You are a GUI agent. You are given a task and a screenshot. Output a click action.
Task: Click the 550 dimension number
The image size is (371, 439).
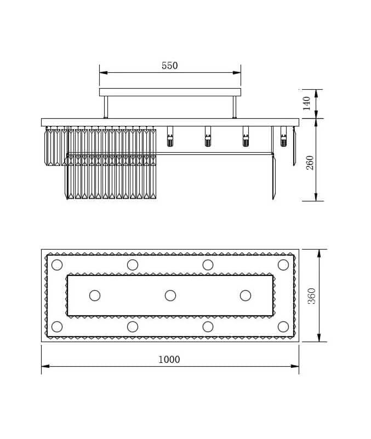(x=169, y=66)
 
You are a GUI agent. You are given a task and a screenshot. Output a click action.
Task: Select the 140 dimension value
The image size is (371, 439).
(x=307, y=103)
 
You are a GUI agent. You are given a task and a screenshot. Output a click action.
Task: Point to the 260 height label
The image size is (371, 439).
(x=310, y=162)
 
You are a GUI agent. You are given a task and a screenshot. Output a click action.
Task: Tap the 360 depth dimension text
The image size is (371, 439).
(x=311, y=296)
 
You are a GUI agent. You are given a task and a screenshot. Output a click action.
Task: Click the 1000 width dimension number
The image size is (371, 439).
(x=169, y=360)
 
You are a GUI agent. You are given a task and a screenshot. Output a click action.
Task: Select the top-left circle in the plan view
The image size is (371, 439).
(x=57, y=265)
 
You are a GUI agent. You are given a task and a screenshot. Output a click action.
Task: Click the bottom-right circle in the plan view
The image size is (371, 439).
(x=283, y=327)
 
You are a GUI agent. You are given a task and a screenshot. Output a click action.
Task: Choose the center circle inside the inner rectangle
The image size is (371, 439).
(x=170, y=296)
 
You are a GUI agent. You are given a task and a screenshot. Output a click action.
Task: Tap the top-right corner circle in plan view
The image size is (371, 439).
(x=283, y=265)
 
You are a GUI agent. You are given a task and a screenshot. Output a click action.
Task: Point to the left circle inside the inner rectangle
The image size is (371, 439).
(x=95, y=296)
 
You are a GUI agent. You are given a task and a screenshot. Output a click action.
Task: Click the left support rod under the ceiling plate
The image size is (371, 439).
(x=106, y=107)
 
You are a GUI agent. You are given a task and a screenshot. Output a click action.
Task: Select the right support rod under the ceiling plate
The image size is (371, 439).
(x=235, y=107)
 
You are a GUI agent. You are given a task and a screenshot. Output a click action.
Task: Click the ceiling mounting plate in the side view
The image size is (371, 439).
(x=170, y=92)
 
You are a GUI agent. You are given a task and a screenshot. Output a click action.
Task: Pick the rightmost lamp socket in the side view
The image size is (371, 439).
(x=283, y=137)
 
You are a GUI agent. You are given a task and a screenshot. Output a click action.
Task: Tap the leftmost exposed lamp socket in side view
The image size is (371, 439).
(x=170, y=137)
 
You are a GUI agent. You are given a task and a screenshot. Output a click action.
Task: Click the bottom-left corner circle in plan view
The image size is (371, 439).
(x=57, y=327)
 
